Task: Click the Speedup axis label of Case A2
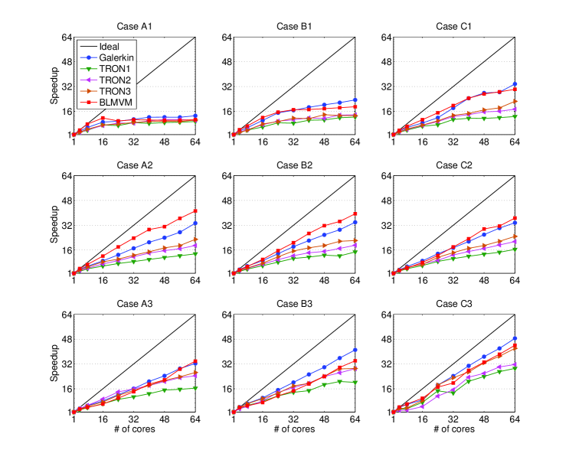[53, 224]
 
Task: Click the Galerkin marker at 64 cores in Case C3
[515, 338]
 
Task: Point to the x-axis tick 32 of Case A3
[135, 419]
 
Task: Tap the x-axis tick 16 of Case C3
[423, 419]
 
